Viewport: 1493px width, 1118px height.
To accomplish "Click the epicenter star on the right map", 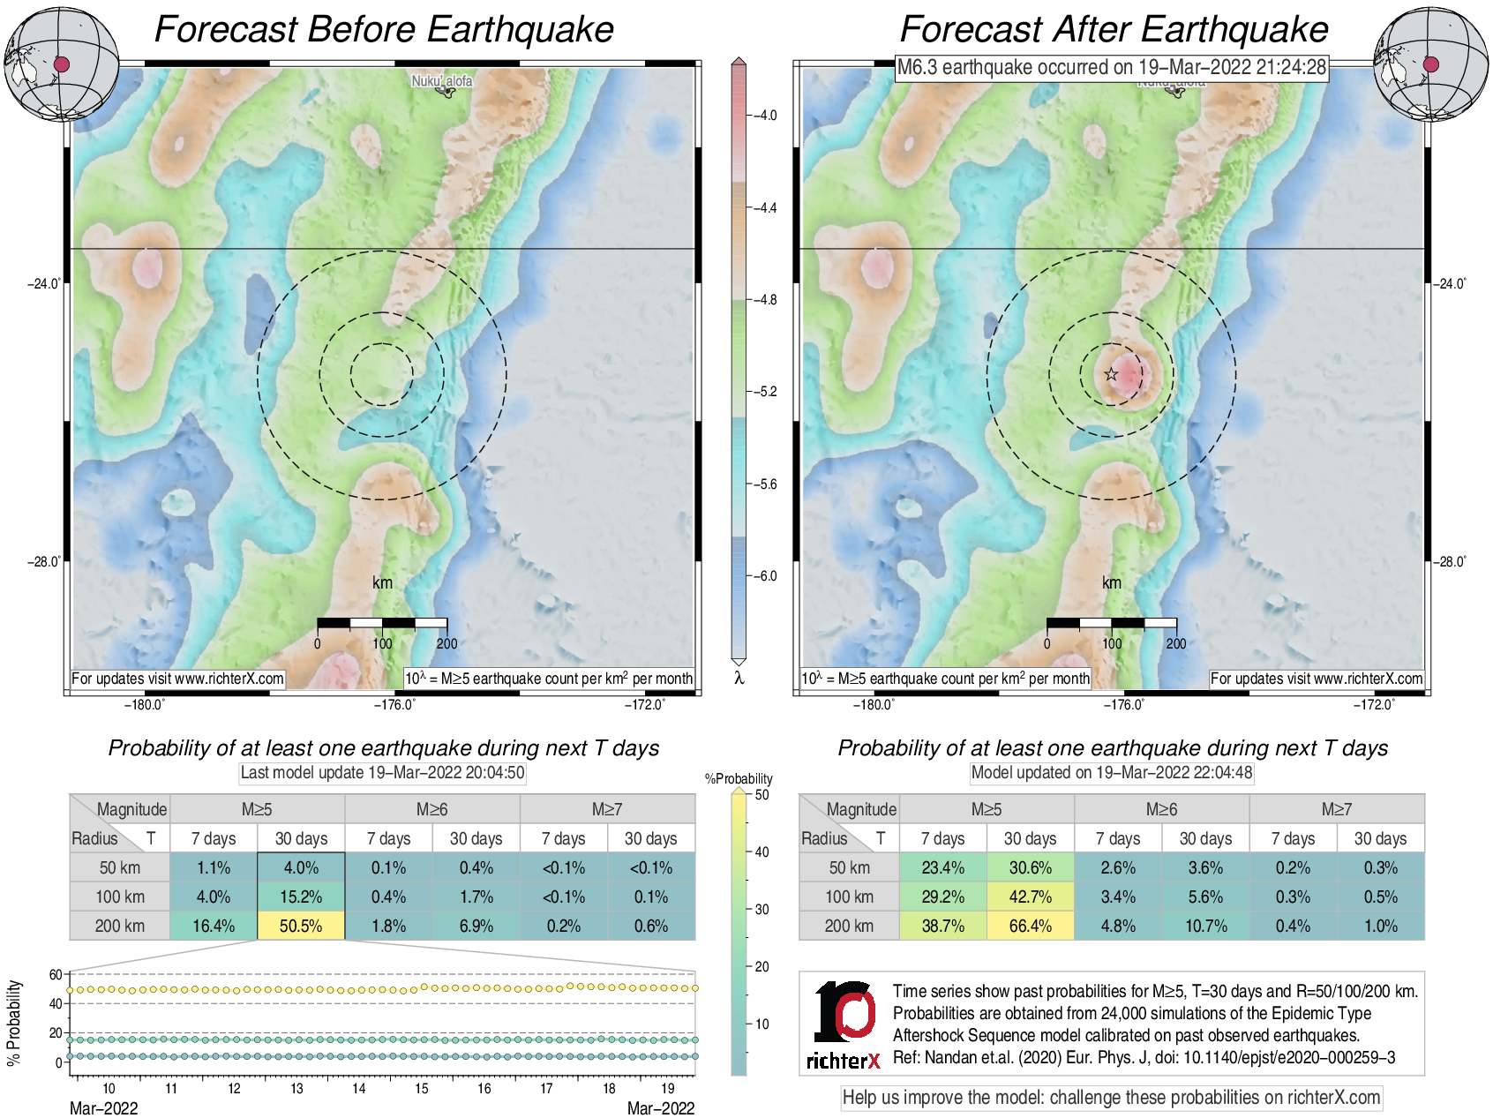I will coord(1111,374).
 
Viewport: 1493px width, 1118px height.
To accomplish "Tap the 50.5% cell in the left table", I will coord(301,926).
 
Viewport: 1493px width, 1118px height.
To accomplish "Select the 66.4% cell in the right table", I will coord(1030,926).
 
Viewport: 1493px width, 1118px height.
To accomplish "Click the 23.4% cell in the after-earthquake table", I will coord(942,867).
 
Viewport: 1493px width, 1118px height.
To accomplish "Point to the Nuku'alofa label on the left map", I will coord(441,81).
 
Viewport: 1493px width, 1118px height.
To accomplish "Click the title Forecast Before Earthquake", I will coord(384,29).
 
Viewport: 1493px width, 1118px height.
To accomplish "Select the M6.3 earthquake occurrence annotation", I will coord(1111,67).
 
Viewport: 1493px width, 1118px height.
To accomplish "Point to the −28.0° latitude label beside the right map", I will coord(1449,562).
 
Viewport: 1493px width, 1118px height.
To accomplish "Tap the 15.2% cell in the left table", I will coord(301,897).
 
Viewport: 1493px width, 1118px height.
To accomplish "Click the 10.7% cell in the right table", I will coord(1205,926).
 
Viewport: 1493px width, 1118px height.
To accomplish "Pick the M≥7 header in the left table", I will coord(607,809).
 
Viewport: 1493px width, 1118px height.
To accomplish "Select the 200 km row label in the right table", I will coord(849,926).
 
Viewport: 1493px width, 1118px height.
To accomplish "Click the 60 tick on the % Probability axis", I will coord(56,975).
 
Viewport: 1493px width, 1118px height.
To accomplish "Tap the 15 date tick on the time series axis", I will coord(422,1089).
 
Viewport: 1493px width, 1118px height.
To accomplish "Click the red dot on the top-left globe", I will coord(62,64).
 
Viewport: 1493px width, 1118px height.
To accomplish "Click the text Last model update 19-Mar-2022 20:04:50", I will coord(382,773).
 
